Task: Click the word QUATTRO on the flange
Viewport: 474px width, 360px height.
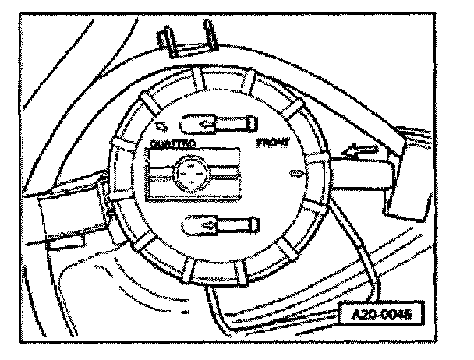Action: click(x=172, y=144)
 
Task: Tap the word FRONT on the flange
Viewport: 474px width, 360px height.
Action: click(x=272, y=144)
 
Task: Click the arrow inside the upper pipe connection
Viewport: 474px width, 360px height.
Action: click(x=207, y=123)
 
